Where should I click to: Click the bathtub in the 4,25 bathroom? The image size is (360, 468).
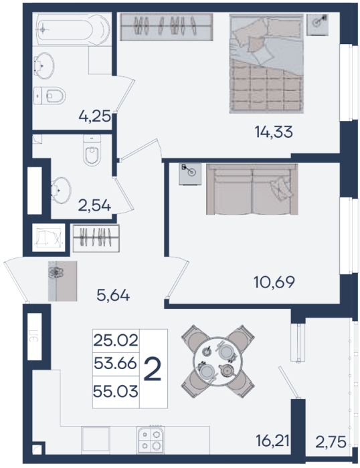click(72, 29)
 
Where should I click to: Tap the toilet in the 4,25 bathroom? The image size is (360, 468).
click(50, 96)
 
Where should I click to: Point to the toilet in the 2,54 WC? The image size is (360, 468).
click(92, 150)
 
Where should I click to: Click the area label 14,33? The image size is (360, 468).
click(274, 132)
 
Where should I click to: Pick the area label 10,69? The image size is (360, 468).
click(274, 282)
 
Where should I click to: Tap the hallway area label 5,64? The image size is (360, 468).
click(113, 296)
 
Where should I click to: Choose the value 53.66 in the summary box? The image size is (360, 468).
click(115, 363)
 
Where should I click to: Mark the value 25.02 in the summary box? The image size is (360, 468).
click(116, 340)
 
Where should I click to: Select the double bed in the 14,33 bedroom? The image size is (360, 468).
click(266, 64)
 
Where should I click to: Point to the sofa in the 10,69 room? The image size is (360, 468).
click(252, 189)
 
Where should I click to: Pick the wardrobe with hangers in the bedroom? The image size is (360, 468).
click(167, 27)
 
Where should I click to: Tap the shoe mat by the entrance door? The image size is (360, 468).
click(62, 281)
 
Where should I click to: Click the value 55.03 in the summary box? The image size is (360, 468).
click(116, 391)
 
